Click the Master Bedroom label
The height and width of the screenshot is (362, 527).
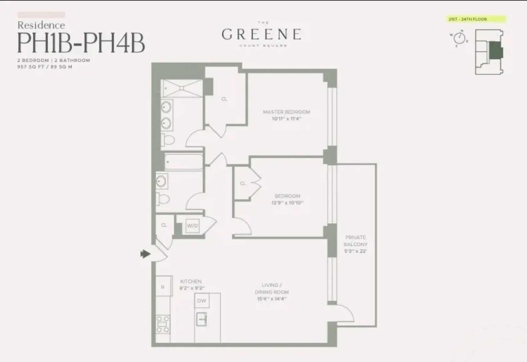pyautogui.click(x=286, y=112)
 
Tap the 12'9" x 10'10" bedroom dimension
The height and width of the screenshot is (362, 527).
pyautogui.click(x=287, y=203)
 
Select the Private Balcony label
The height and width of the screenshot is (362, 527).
pyautogui.click(x=355, y=241)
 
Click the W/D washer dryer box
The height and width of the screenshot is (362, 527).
pyautogui.click(x=192, y=226)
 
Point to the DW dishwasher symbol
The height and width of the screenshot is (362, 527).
pyautogui.click(x=202, y=301)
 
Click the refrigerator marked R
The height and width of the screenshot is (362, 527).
pyautogui.click(x=163, y=286)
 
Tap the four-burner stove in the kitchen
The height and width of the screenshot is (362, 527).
pyautogui.click(x=163, y=324)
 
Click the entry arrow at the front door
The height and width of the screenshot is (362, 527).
pyautogui.click(x=145, y=254)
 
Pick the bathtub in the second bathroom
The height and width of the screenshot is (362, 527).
pyautogui.click(x=183, y=162)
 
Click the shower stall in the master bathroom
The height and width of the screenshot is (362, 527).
pyautogui.click(x=182, y=88)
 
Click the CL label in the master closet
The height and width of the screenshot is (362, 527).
pyautogui.click(x=224, y=99)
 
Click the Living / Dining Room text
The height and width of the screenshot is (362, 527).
pyautogui.click(x=271, y=289)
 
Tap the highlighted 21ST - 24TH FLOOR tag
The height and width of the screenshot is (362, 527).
pyautogui.click(x=476, y=19)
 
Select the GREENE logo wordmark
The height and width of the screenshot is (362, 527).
pyautogui.click(x=261, y=34)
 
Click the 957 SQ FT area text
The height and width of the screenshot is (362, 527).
pyautogui.click(x=31, y=67)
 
